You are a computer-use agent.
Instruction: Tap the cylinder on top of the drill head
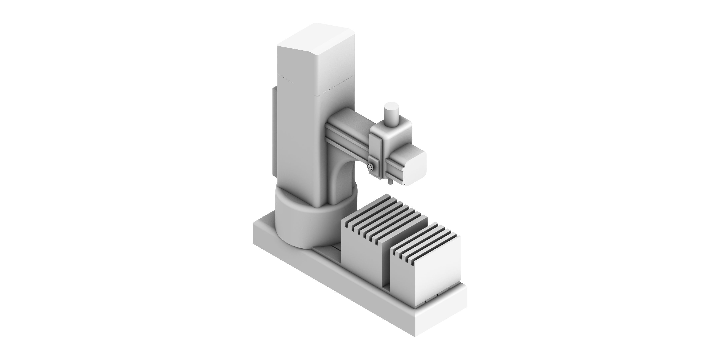tap(391, 115)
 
